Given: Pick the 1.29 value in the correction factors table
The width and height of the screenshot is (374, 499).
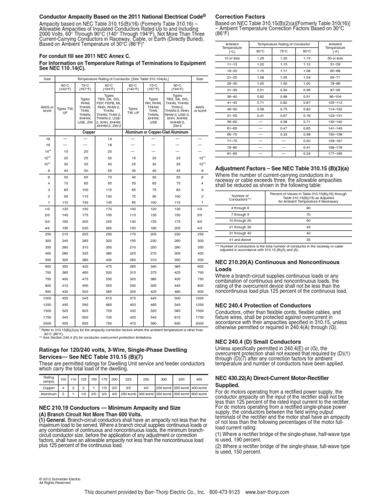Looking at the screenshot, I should point(261,58).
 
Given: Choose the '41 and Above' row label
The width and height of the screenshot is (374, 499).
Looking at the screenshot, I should point(239,240).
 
